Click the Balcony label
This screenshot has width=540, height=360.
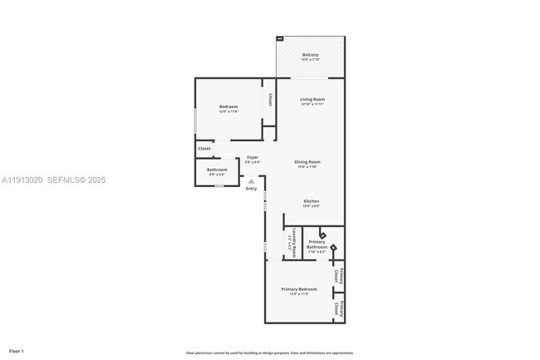click(310, 55)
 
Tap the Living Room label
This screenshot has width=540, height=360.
click(312, 100)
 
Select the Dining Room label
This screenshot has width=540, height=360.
click(308, 161)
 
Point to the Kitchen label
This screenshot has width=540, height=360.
click(311, 201)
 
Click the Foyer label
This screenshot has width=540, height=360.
click(252, 157)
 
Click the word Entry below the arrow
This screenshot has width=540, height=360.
click(251, 188)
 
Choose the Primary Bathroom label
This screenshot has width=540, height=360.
click(317, 244)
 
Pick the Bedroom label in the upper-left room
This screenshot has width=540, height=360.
click(228, 106)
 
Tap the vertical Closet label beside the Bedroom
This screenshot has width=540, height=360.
click(269, 98)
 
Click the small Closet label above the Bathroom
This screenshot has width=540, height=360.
click(204, 149)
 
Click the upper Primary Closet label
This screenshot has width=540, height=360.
click(338, 275)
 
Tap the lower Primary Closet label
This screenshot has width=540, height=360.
click(338, 308)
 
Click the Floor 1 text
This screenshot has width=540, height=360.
click(17, 351)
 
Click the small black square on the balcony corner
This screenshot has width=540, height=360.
click(280, 39)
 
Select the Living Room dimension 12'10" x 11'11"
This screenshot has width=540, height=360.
click(312, 105)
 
